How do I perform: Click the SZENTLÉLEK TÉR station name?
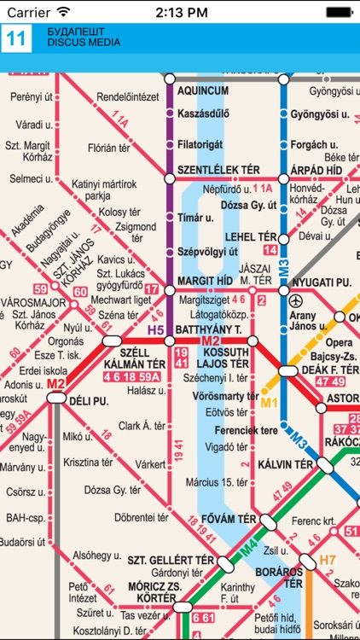coord(218,170)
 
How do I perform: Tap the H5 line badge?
coord(155,329)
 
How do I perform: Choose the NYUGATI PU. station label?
coord(321,281)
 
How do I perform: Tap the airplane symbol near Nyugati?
coord(296,301)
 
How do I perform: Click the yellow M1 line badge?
coord(270,402)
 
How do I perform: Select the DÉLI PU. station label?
coord(88,400)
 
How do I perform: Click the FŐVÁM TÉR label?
coord(229,519)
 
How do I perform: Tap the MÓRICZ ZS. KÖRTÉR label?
coord(156,591)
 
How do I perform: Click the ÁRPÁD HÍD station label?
coord(321,170)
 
